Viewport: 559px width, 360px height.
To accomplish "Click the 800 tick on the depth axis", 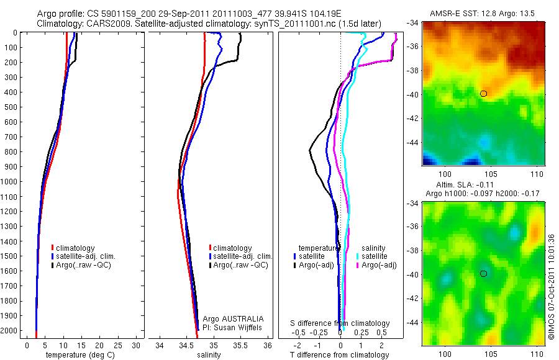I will [12, 152].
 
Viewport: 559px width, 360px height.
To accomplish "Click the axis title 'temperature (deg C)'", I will [78, 355].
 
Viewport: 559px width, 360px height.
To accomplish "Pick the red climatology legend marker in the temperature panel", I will [53, 248].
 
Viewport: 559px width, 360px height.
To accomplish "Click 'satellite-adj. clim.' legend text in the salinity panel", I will [243, 256].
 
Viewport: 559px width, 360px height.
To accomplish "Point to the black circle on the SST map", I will [483, 94].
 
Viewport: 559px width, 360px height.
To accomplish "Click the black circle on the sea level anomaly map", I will [483, 274].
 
